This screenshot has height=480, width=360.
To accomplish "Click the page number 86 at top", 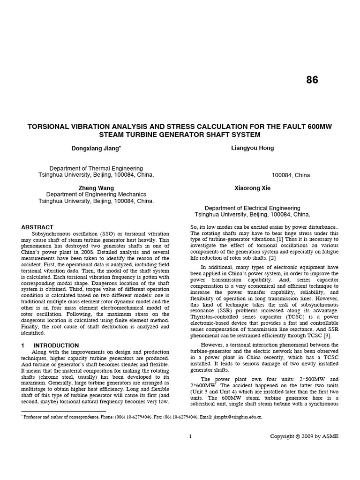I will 312,80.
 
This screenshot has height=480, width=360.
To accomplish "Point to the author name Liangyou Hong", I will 252,148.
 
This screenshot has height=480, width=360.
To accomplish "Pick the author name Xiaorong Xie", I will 252,188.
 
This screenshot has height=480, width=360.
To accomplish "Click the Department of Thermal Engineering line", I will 96,168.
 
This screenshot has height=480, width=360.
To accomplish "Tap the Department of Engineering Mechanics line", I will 96,195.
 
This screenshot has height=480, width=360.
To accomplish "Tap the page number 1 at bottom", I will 190,436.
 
